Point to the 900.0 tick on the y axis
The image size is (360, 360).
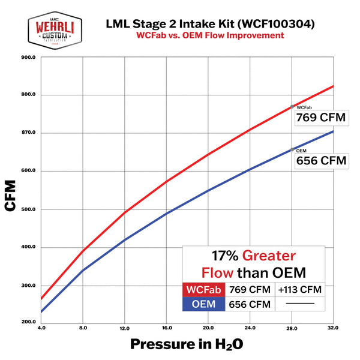(28, 58)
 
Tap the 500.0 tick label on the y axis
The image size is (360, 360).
(28, 209)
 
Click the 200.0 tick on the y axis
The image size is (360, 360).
(28, 322)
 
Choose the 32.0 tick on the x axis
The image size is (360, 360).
(333, 329)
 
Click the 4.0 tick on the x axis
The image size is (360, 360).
(41, 329)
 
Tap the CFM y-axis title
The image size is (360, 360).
(11, 195)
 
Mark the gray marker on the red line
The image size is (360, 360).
(292, 106)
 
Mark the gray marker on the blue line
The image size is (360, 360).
(292, 149)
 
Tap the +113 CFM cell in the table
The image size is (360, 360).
(300, 290)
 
